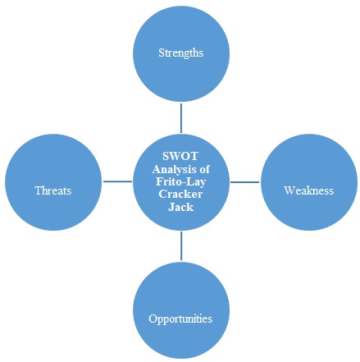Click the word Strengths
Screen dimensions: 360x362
point(180,53)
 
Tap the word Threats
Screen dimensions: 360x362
point(53,190)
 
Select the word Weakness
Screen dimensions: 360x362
point(309,190)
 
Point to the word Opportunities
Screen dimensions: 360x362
point(180,319)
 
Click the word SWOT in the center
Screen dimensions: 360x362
point(180,156)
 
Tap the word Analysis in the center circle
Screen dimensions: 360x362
point(174,170)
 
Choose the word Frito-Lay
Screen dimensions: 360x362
point(180,182)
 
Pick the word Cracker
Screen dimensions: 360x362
point(180,194)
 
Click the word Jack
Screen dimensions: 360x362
point(180,207)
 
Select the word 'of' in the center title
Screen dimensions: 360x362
point(204,169)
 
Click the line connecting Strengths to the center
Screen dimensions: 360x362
point(180,118)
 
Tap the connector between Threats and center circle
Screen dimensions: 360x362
point(117,181)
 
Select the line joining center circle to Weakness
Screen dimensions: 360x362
point(244,181)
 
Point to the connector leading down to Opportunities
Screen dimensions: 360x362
point(181,245)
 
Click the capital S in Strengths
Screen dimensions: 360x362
point(162,53)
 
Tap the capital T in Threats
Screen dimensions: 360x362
point(39,190)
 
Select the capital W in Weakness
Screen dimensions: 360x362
point(289,190)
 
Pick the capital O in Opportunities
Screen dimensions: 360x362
point(153,318)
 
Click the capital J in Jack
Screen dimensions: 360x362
point(171,207)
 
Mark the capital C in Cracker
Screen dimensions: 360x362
point(162,194)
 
